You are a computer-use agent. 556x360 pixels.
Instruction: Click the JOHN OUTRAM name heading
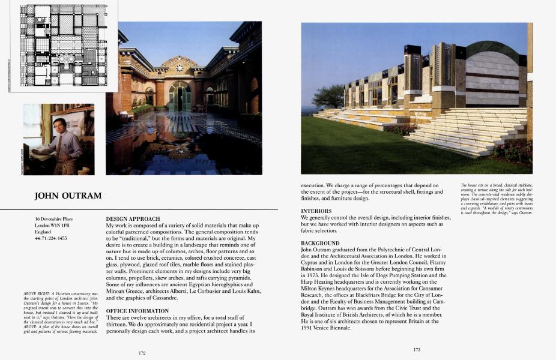coord(68,196)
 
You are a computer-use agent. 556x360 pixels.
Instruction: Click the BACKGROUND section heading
coord(320,242)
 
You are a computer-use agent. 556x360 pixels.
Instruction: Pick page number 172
coord(142,353)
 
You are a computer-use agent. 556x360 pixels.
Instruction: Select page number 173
coord(417,349)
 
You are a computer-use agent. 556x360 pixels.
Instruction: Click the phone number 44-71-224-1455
coord(51,239)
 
